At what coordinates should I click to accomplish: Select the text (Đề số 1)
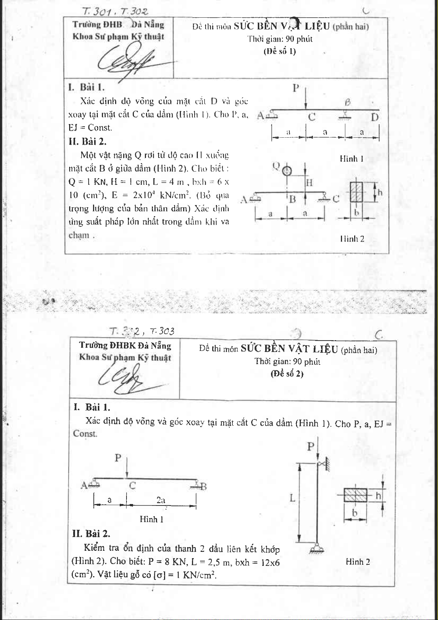[279, 51]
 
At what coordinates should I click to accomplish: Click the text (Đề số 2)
[287, 374]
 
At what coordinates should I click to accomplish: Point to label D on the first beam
[374, 117]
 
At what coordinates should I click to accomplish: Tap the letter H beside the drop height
[309, 183]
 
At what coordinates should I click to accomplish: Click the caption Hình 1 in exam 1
[351, 159]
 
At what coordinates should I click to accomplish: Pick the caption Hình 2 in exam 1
[352, 239]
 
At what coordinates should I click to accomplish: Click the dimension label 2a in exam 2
[161, 500]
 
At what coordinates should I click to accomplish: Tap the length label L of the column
[292, 498]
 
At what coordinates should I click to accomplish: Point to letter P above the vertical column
[311, 446]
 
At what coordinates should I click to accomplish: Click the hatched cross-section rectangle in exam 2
[355, 496]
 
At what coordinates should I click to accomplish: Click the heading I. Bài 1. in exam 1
[86, 87]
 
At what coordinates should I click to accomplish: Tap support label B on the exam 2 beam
[203, 487]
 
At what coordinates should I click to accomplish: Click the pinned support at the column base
[316, 549]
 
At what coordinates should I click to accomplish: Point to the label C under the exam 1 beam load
[311, 117]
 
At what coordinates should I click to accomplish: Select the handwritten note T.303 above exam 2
[161, 331]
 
